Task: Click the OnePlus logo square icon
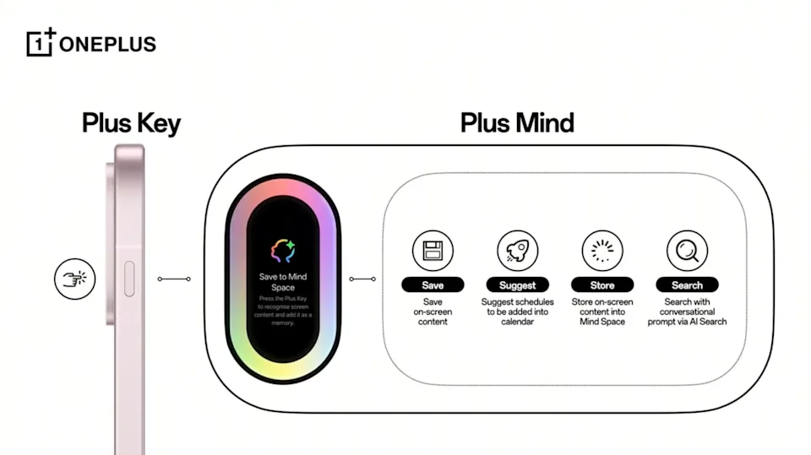point(41,43)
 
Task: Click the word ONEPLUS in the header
point(107,45)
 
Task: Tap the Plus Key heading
point(131,123)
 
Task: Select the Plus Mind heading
point(517,123)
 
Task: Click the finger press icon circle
point(75,279)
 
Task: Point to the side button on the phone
point(129,277)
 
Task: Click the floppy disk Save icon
point(433,251)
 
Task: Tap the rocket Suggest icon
point(517,251)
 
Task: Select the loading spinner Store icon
point(602,251)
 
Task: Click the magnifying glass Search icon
point(687,251)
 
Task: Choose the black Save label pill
point(433,285)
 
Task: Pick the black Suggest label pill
point(517,285)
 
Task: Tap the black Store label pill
point(602,285)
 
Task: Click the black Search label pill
point(687,285)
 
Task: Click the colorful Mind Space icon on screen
point(282,250)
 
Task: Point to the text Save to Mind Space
point(283,282)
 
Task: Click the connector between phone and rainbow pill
point(173,279)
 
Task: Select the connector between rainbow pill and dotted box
point(362,279)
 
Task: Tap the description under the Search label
point(687,311)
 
